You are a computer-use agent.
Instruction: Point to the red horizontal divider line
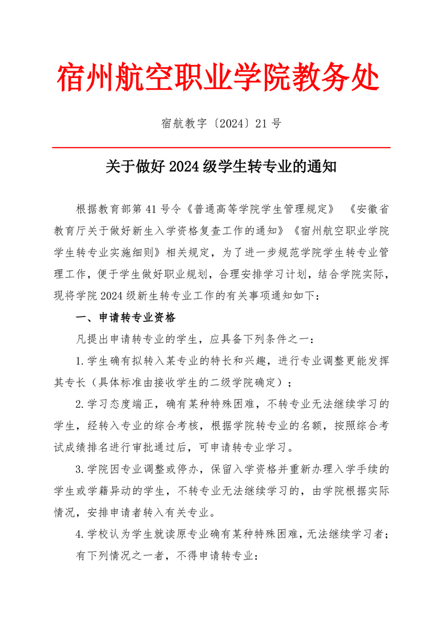point(221,148)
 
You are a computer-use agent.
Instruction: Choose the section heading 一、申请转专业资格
point(125,318)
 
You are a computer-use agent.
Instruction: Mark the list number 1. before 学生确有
point(80,360)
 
